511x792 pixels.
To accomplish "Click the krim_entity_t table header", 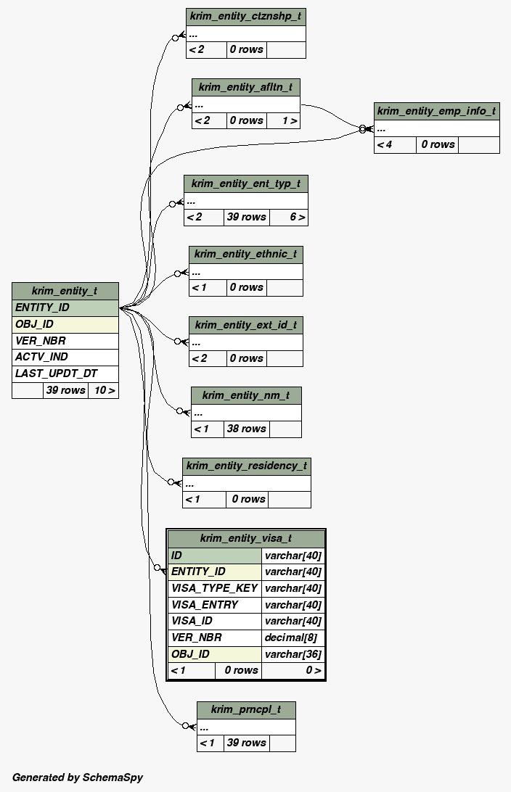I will pyautogui.click(x=65, y=291).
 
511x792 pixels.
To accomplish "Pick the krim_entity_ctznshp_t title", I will pyautogui.click(x=245, y=16).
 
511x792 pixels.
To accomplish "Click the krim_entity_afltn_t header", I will pyautogui.click(x=245, y=87).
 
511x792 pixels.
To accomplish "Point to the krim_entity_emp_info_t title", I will pyautogui.click(x=436, y=111).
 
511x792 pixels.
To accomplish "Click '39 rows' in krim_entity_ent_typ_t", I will pyautogui.click(x=247, y=217).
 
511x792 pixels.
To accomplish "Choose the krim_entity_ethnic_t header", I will pyautogui.click(x=245, y=255).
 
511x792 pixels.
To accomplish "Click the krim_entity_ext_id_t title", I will pyautogui.click(x=245, y=325).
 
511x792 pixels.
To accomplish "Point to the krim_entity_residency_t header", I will pyautogui.click(x=246, y=466).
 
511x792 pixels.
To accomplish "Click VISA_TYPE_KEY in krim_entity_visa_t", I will pyautogui.click(x=214, y=588).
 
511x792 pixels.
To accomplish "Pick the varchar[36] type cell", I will pyautogui.click(x=293, y=654).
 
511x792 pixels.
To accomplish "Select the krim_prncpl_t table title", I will pyautogui.click(x=245, y=709).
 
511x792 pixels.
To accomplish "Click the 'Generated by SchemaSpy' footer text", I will pyautogui.click(x=78, y=777).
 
